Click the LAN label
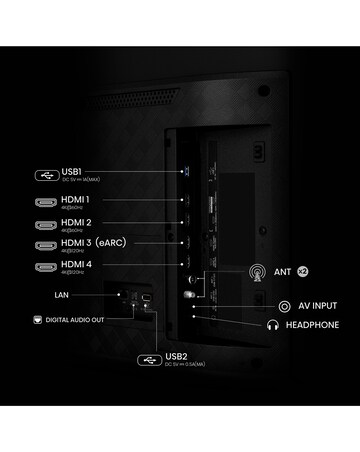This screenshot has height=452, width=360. coord(62,295)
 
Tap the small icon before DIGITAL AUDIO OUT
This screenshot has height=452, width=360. coord(37,320)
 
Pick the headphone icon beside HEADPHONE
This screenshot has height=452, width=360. coord(272,325)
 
